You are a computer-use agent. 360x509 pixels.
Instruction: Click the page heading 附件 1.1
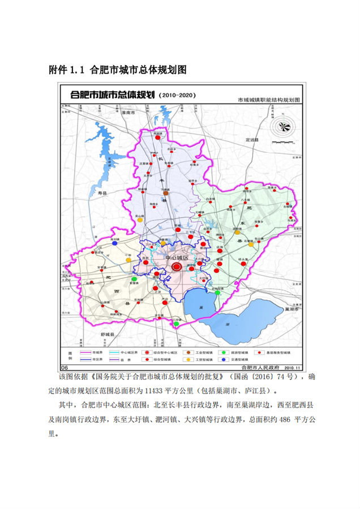67,71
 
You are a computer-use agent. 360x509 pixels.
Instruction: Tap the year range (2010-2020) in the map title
178,95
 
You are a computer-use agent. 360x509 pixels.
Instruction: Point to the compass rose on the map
282,126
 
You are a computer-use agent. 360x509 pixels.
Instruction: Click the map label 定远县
248,139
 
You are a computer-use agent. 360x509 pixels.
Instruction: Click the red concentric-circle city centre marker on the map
177,266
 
